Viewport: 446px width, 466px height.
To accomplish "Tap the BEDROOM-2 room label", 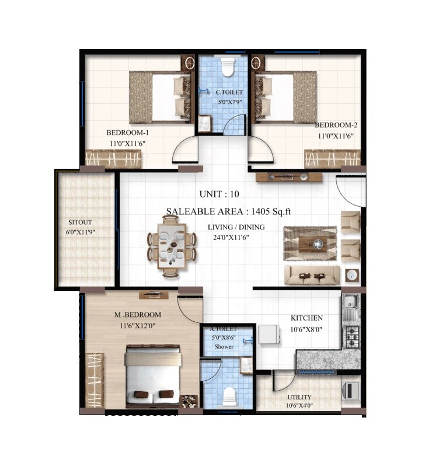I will pyautogui.click(x=336, y=125).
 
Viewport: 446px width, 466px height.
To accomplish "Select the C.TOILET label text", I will pyautogui.click(x=225, y=92).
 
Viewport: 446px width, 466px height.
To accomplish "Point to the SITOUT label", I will pyautogui.click(x=80, y=222).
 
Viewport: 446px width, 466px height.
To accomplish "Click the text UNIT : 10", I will pyautogui.click(x=219, y=194).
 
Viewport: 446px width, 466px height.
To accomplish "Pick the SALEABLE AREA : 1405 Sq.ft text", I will pyautogui.click(x=240, y=211).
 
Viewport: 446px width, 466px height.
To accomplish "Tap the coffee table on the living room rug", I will pyautogui.click(x=310, y=242).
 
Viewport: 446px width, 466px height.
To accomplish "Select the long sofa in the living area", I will pyautogui.click(x=312, y=275).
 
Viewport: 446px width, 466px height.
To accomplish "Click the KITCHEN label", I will pyautogui.click(x=306, y=318).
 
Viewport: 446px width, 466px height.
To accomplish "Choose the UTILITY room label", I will pyautogui.click(x=299, y=398).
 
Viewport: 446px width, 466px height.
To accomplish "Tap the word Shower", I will pyautogui.click(x=224, y=346).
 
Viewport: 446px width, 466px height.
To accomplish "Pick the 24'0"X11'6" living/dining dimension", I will pyautogui.click(x=236, y=237).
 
